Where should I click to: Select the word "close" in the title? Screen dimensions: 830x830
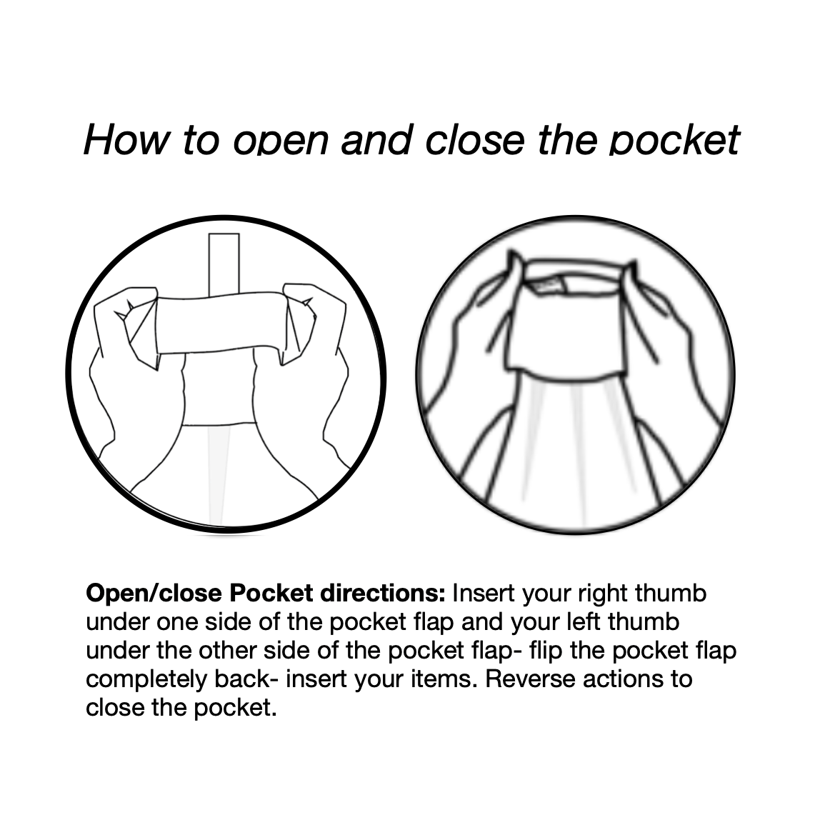click(x=475, y=140)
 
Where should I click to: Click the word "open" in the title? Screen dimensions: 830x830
click(x=281, y=140)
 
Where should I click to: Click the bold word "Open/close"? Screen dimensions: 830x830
click(x=154, y=594)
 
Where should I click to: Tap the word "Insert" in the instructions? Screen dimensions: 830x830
click(x=484, y=594)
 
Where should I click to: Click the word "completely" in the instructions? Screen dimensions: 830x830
click(x=146, y=679)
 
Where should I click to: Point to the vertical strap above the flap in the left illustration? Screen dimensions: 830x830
click(x=224, y=265)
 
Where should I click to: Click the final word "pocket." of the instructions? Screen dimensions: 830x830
click(x=236, y=708)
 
